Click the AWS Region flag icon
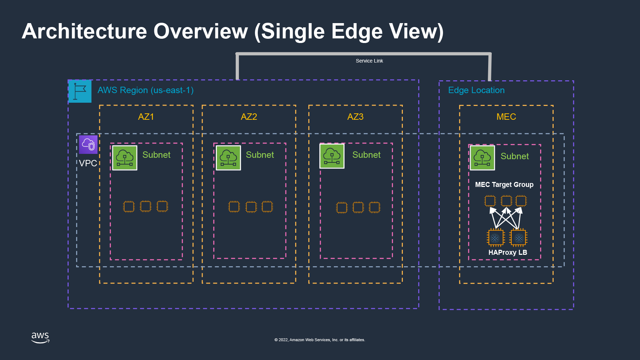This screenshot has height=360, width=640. (80, 91)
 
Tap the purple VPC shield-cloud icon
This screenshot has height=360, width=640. (88, 145)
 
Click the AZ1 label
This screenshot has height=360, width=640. (146, 117)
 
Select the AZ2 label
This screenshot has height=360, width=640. (249, 117)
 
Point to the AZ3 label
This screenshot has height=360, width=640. (356, 117)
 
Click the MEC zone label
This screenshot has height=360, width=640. (506, 117)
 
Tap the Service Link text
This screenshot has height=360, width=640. (369, 61)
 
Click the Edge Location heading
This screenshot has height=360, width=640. (476, 90)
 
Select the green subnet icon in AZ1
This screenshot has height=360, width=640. (125, 158)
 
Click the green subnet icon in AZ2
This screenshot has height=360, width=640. (228, 158)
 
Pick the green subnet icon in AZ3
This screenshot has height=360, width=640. (332, 156)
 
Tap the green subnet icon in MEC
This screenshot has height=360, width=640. (482, 158)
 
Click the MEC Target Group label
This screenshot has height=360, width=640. (504, 184)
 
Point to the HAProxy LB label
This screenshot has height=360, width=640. (508, 252)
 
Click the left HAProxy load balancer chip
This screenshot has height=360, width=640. (495, 238)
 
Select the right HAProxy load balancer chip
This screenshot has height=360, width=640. (519, 238)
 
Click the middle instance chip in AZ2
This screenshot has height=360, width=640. (251, 206)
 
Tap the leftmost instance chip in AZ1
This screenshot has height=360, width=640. (129, 206)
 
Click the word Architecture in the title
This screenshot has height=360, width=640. (85, 31)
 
